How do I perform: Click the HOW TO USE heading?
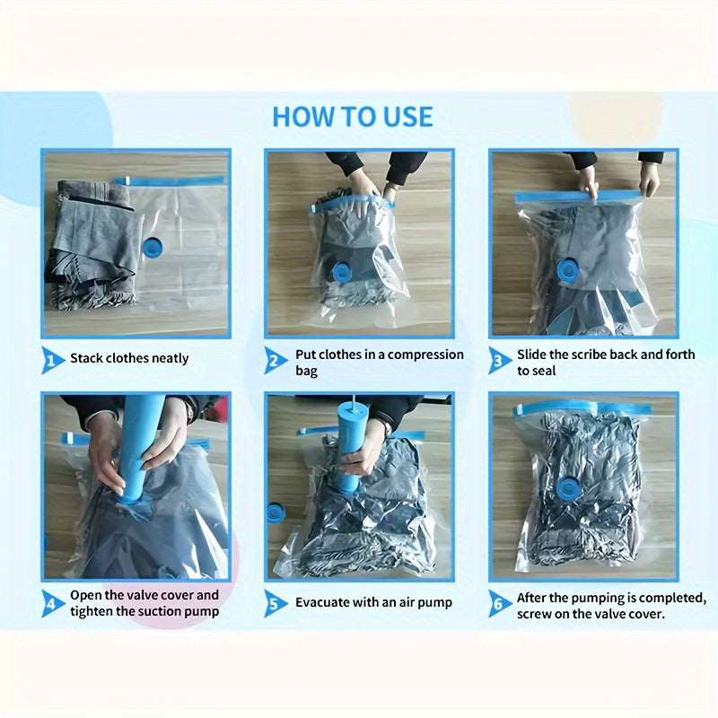coord(352,117)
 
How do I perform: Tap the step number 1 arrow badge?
coord(52,360)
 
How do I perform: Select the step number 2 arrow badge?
coord(275,360)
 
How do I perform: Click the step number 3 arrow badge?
coord(499,360)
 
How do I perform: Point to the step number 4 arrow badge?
coord(52,603)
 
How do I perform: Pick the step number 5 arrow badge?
coord(275,603)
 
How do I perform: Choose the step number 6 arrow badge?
coord(499,603)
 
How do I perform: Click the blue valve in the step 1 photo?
coord(153,248)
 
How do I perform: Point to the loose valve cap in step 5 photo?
coord(276,516)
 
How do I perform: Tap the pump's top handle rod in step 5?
coord(354,400)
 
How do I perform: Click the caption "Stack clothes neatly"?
coord(129,358)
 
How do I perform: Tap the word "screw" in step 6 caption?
coord(534,614)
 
